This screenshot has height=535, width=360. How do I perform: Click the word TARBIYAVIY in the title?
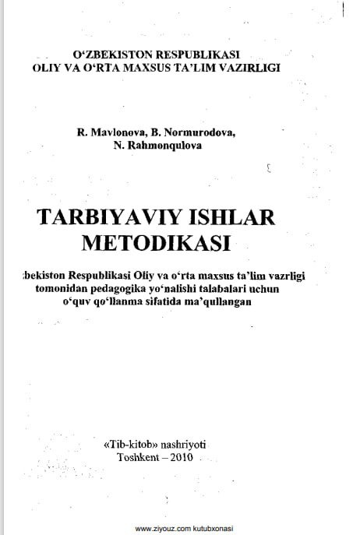point(110,216)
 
